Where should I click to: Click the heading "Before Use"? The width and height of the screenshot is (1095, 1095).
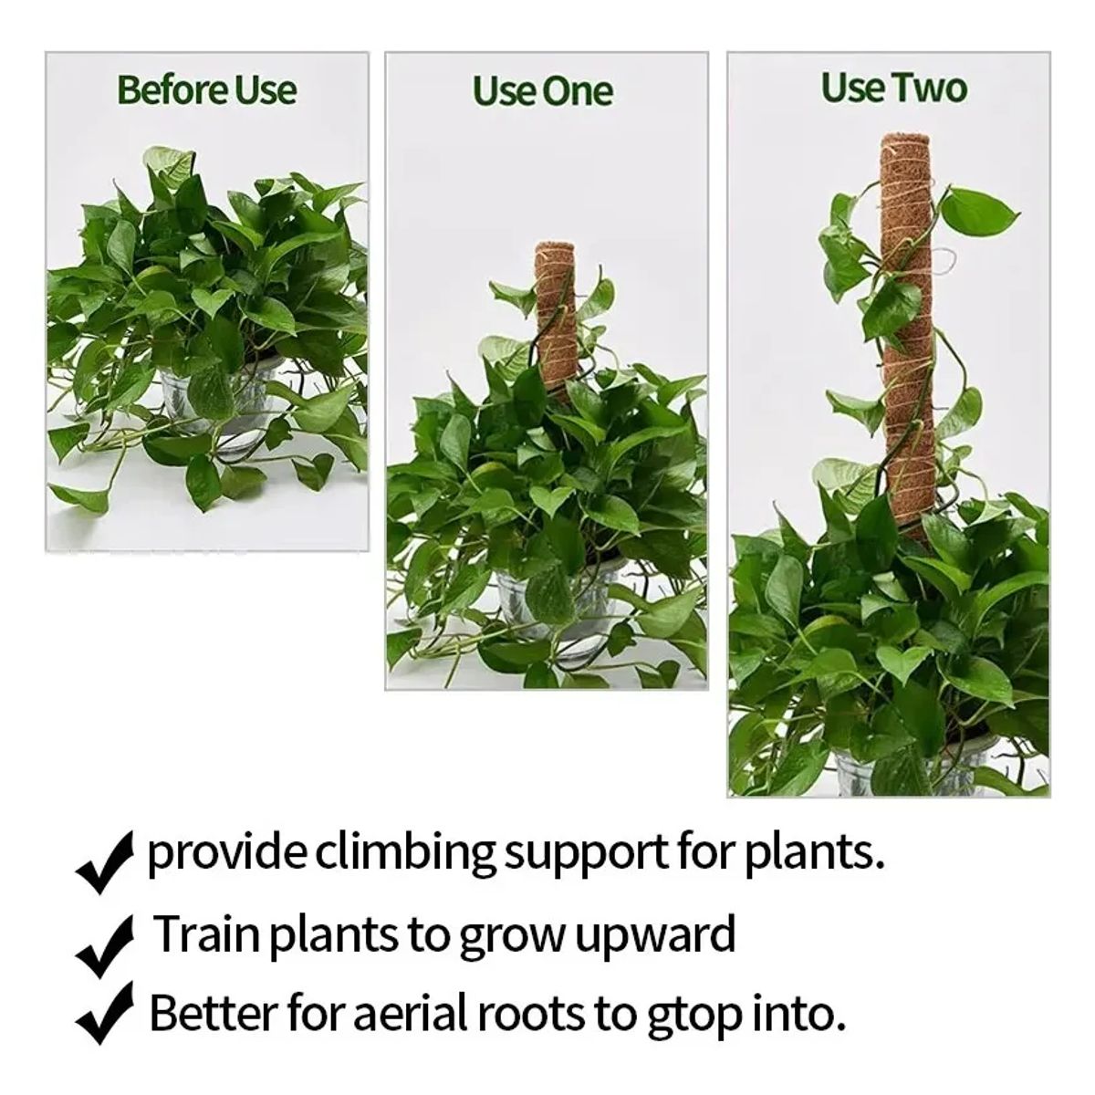click(207, 90)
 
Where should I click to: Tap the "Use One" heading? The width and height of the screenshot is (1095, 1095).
click(543, 91)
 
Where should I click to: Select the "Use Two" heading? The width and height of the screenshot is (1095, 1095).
click(893, 89)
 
